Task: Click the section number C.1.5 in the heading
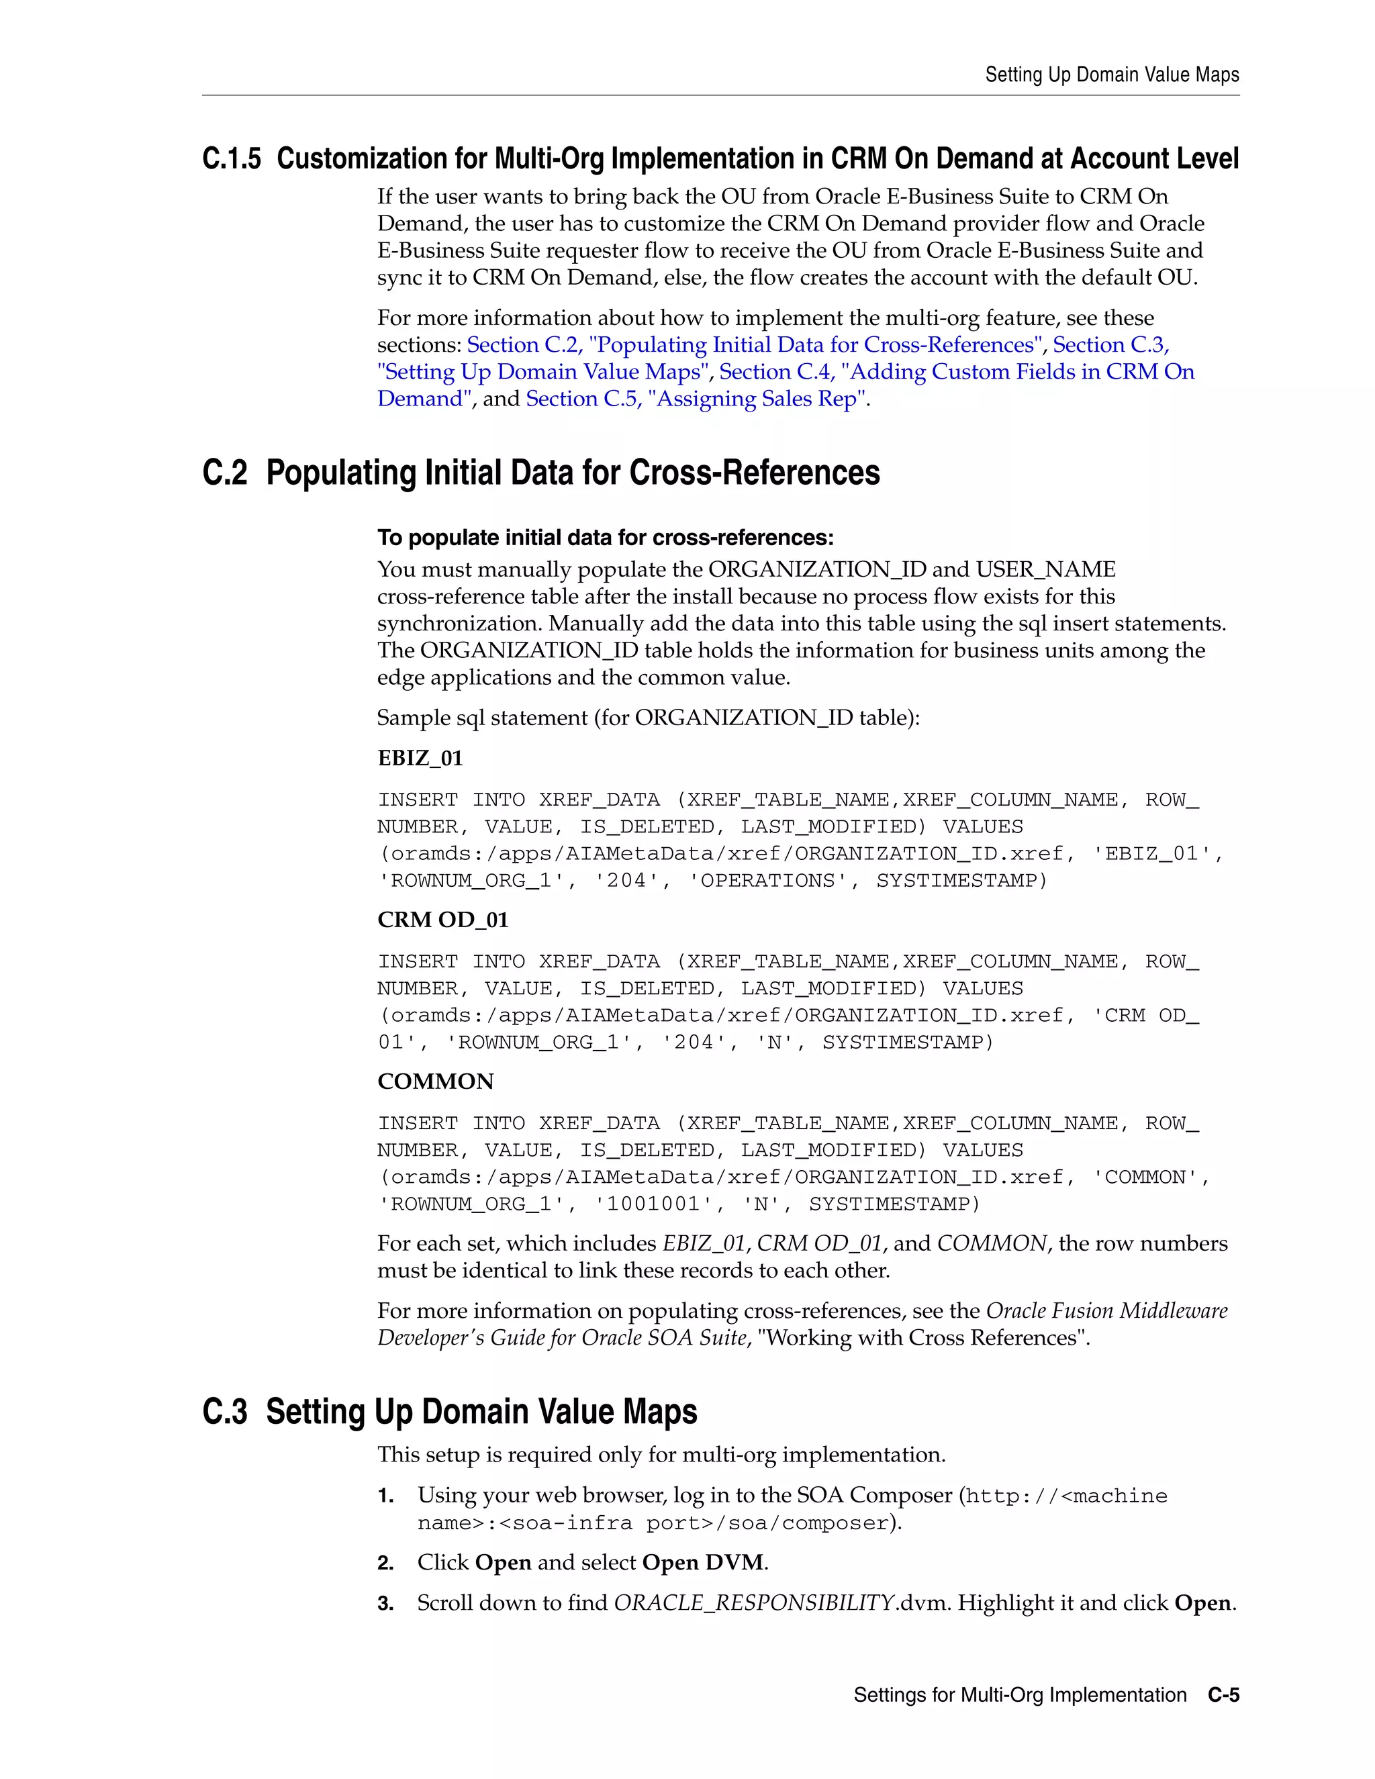(x=232, y=159)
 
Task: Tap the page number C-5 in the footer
(x=1223, y=1695)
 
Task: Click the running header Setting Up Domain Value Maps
(x=1111, y=75)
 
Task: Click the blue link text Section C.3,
(x=1110, y=345)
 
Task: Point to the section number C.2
(x=224, y=473)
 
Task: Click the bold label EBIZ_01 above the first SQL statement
(x=420, y=759)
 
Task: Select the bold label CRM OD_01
(x=442, y=920)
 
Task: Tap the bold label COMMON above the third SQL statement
(x=435, y=1081)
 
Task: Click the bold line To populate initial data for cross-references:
(x=604, y=538)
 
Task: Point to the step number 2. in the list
(x=385, y=1563)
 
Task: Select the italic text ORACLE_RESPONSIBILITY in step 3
(x=753, y=1603)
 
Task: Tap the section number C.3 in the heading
(x=224, y=1412)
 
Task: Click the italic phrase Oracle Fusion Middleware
(x=1106, y=1310)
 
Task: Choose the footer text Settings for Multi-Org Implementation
(x=1019, y=1695)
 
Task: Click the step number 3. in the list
(x=385, y=1604)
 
